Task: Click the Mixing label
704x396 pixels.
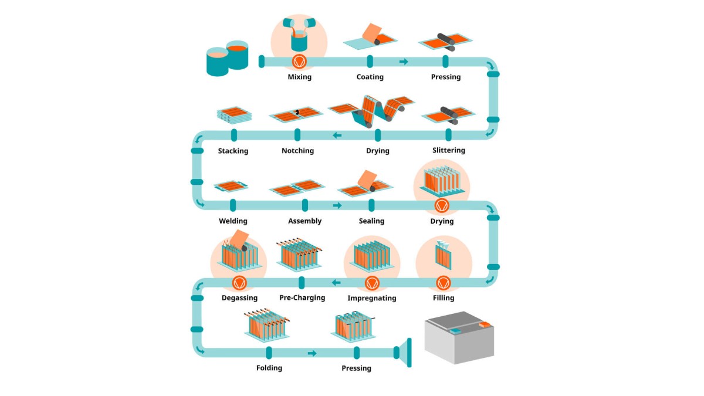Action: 299,77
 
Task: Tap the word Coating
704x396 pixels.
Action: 370,77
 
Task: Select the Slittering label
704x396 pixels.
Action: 448,150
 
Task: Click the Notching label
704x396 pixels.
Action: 297,151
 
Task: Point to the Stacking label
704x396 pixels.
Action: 233,151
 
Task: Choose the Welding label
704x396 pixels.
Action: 233,221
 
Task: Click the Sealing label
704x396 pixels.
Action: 371,221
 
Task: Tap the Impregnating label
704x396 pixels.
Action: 371,298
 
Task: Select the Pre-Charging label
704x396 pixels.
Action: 302,297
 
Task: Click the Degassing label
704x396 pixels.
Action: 239,297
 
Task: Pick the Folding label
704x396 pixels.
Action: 269,368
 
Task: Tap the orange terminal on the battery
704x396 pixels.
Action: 485,324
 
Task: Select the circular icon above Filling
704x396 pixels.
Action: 443,283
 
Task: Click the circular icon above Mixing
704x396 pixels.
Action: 299,61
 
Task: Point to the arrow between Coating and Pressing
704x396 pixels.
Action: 404,62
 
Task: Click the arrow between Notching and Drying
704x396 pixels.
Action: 337,136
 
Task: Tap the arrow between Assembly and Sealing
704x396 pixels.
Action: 337,205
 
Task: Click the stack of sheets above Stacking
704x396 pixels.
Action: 233,114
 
